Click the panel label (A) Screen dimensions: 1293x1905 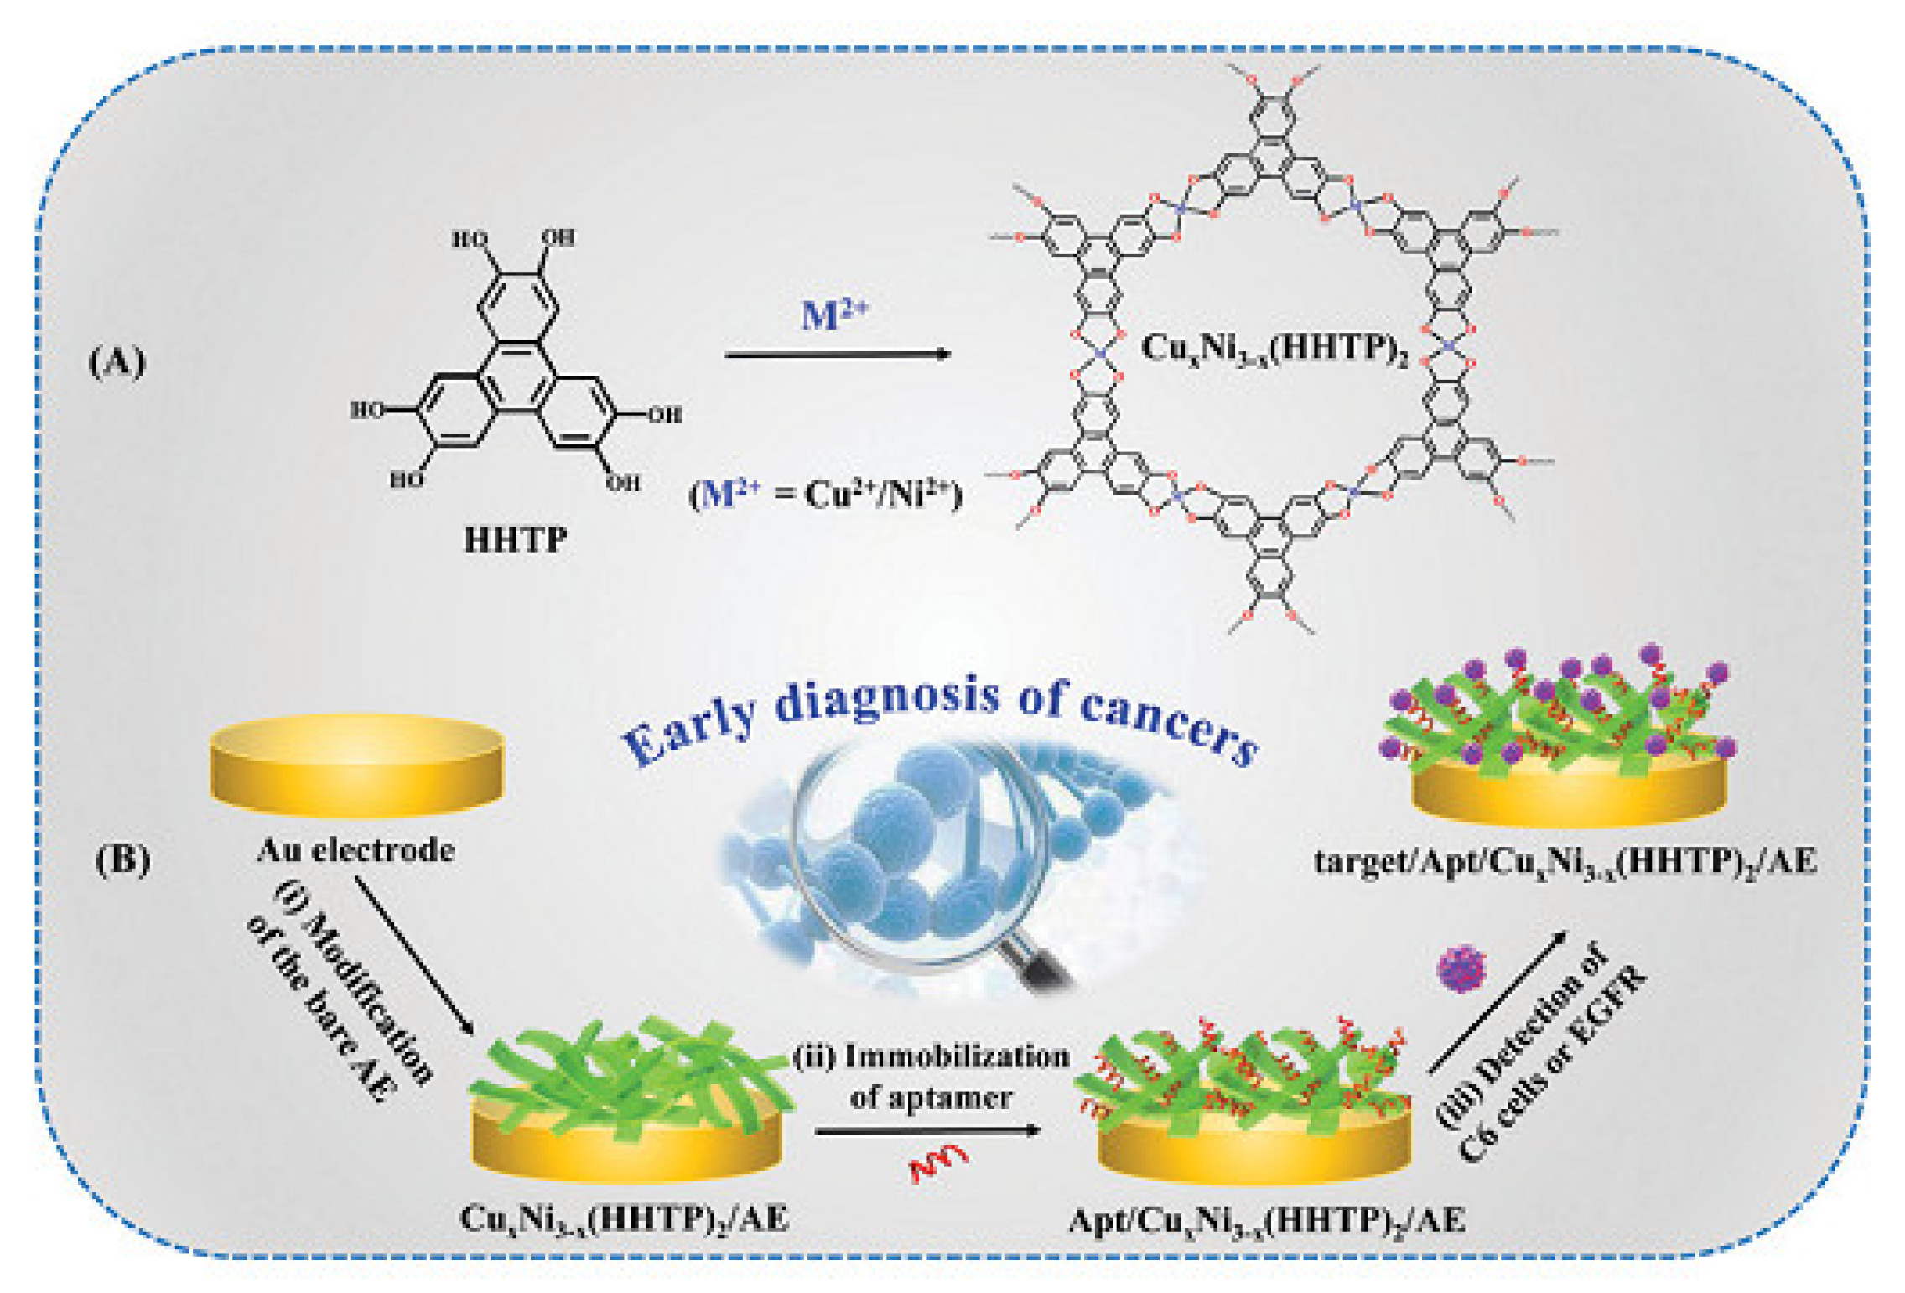click(117, 362)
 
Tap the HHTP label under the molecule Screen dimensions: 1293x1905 click(515, 539)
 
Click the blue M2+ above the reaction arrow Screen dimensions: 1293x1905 click(833, 314)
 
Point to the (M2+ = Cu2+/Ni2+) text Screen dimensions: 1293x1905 click(825, 494)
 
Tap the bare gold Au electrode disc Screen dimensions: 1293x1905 click(356, 765)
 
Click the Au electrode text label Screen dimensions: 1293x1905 click(356, 850)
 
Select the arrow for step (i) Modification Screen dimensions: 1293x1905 click(414, 955)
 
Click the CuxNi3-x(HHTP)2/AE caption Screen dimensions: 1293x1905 click(625, 1218)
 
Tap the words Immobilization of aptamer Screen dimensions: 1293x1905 click(931, 1076)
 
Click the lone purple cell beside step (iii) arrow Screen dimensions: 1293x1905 click(1461, 968)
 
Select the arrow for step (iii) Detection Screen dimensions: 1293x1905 click(1498, 1002)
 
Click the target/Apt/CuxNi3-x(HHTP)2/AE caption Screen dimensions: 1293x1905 click(1565, 862)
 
